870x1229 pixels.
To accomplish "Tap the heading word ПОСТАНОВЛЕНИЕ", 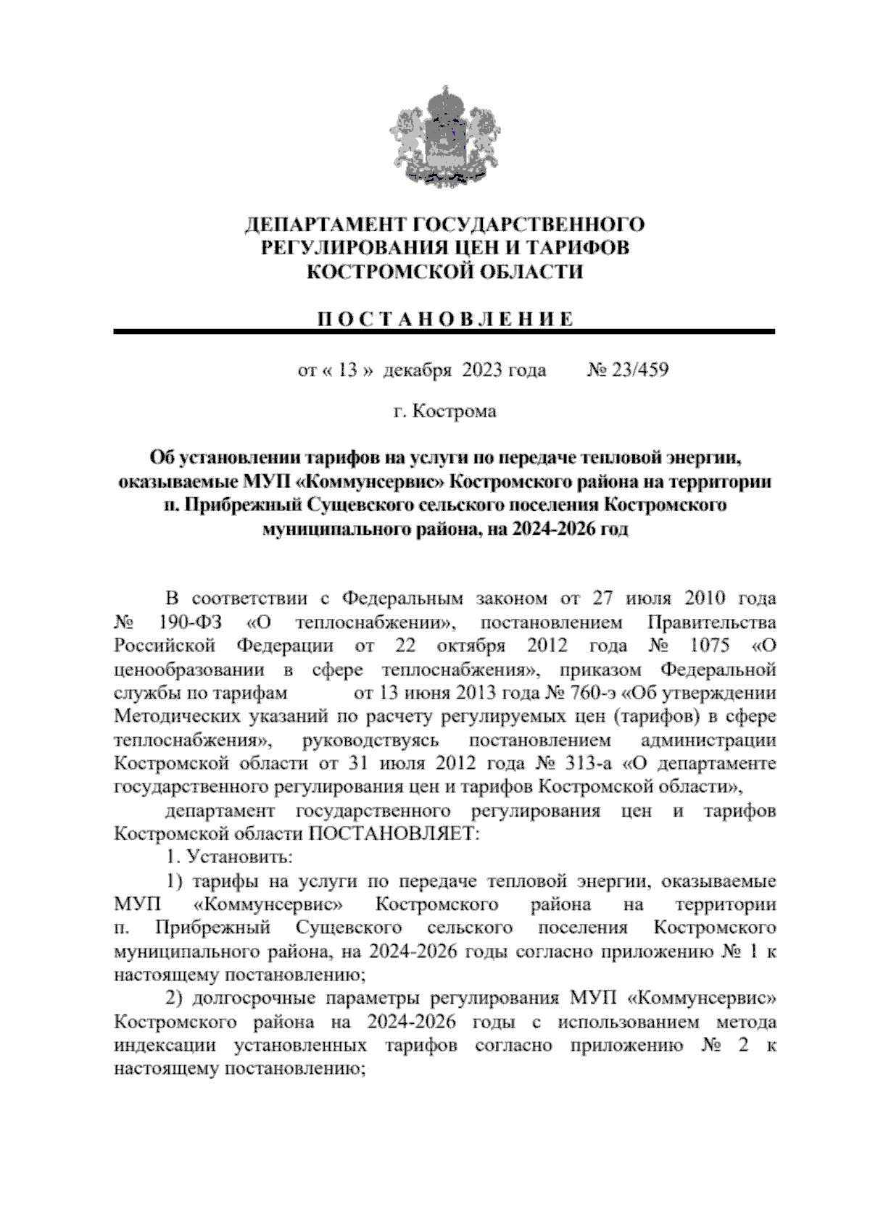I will (444, 320).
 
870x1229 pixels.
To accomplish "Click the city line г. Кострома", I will (444, 412).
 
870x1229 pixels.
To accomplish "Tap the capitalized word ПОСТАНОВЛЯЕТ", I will (394, 834).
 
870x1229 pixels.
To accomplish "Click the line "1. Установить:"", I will (228, 857).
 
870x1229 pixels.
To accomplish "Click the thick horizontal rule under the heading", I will (444, 332).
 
